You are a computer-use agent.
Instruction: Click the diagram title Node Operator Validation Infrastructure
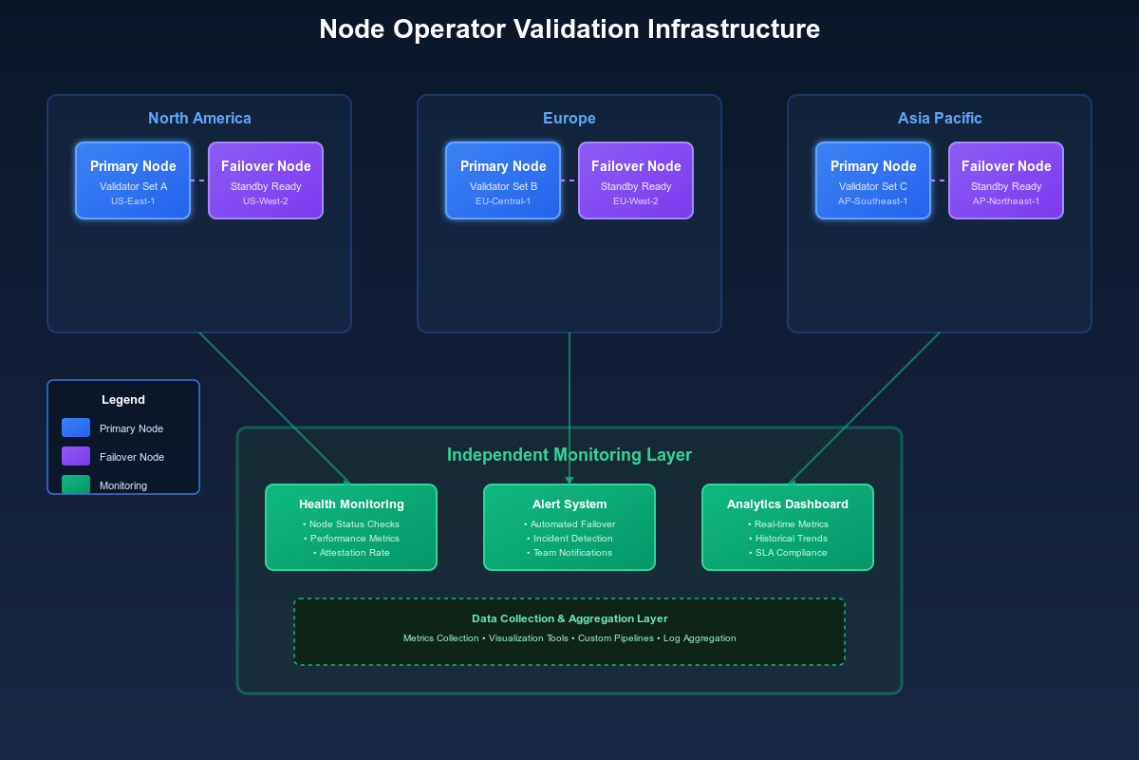click(569, 29)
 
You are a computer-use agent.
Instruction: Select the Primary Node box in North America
click(133, 180)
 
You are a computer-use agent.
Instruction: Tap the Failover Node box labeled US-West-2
click(266, 180)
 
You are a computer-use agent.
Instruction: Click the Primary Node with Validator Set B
click(503, 180)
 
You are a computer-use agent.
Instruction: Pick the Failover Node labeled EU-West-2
click(636, 180)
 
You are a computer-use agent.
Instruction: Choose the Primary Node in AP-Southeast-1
click(873, 180)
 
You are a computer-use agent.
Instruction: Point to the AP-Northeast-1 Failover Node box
click(1006, 180)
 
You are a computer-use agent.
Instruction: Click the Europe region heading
click(569, 119)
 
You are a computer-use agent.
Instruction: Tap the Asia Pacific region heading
click(940, 119)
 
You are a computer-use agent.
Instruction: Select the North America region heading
click(199, 119)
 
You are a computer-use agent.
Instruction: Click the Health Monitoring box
click(351, 527)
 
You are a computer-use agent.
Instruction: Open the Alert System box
click(569, 527)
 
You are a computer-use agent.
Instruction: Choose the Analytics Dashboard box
click(788, 527)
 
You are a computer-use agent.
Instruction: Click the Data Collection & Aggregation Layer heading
click(569, 618)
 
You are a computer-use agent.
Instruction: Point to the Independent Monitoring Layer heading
click(569, 455)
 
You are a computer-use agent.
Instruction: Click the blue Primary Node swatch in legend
click(76, 427)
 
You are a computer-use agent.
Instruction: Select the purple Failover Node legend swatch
click(76, 456)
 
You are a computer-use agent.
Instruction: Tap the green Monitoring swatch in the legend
click(76, 484)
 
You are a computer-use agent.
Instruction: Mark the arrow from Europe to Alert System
click(569, 408)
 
